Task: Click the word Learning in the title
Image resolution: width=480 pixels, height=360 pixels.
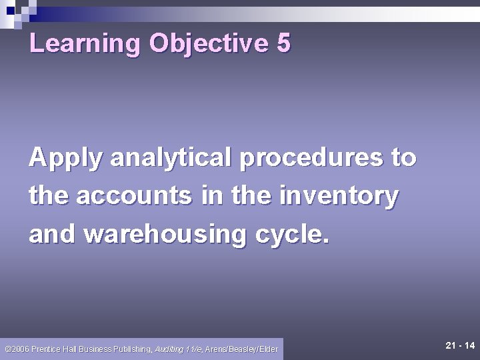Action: (85, 44)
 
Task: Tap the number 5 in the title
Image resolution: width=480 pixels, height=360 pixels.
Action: (283, 43)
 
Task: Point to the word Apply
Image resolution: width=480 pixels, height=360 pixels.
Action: (65, 159)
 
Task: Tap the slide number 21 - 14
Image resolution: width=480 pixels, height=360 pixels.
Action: (459, 345)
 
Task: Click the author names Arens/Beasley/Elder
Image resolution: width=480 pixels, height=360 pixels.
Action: (241, 349)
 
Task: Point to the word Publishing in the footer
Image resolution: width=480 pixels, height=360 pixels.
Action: (132, 349)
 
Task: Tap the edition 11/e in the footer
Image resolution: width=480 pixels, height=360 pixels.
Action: (195, 349)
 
